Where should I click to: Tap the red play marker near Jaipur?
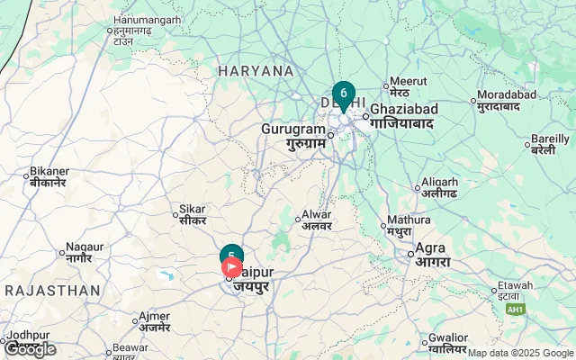[x=231, y=267]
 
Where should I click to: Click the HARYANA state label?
[x=256, y=70]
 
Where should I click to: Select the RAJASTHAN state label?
[x=51, y=291]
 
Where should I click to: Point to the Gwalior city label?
[x=449, y=342]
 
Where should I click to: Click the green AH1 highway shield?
[x=515, y=310]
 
